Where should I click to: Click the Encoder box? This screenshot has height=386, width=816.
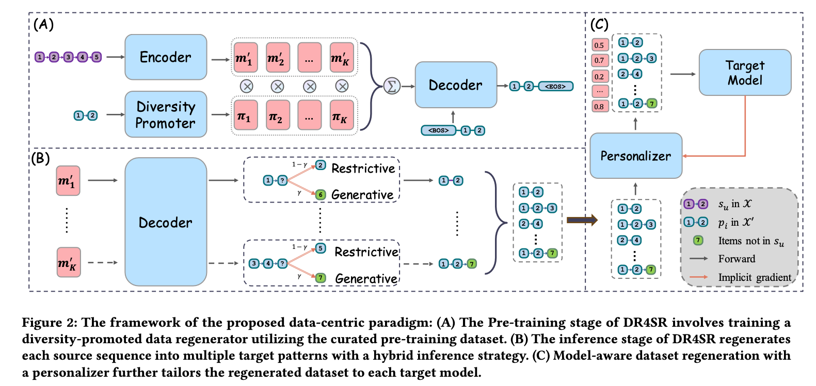pyautogui.click(x=166, y=57)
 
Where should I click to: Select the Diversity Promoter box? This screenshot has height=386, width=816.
pyautogui.click(x=166, y=114)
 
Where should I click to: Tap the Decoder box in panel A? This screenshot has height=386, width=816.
pyautogui.click(x=456, y=85)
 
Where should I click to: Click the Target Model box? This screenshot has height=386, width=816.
pyautogui.click(x=745, y=73)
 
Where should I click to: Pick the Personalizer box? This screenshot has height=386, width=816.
pyautogui.click(x=636, y=156)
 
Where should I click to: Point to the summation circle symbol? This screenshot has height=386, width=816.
pyautogui.click(x=392, y=86)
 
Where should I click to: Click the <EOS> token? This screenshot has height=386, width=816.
pyautogui.click(x=555, y=86)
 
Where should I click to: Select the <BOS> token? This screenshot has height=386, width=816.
pyautogui.click(x=439, y=130)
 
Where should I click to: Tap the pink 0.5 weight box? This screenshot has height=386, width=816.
pyautogui.click(x=599, y=45)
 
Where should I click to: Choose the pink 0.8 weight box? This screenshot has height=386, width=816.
pyautogui.click(x=599, y=107)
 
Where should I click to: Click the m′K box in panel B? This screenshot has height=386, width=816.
pyautogui.click(x=68, y=263)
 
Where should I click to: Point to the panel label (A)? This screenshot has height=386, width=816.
pyautogui.click(x=43, y=25)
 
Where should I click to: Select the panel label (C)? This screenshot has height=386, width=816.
pyautogui.click(x=599, y=25)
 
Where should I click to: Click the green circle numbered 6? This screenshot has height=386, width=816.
pyautogui.click(x=321, y=194)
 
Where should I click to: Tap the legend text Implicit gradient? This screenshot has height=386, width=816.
pyautogui.click(x=754, y=278)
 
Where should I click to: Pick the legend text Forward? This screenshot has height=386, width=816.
pyautogui.click(x=737, y=259)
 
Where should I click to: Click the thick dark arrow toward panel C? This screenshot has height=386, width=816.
pyautogui.click(x=582, y=220)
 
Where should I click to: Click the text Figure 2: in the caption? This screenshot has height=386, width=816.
pyautogui.click(x=50, y=323)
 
